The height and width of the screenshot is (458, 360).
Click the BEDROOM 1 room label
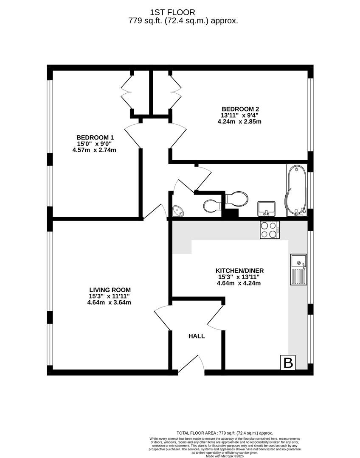[x=95, y=137]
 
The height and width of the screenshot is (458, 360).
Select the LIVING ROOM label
[x=110, y=290]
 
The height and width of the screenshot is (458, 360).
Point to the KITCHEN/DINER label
[x=239, y=271]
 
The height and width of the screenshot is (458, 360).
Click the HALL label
[x=197, y=336]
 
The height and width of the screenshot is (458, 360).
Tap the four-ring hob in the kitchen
[x=270, y=230]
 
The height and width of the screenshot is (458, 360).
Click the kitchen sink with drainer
[x=298, y=269]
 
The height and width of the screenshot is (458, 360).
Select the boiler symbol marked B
[x=288, y=363]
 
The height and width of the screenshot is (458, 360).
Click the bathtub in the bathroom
[x=297, y=190]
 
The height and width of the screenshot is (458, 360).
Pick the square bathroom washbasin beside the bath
[x=266, y=209]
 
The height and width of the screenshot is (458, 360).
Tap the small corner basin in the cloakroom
[x=178, y=211]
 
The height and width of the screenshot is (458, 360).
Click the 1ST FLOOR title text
[x=172, y=13]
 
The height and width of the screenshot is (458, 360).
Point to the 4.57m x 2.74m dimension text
[x=94, y=150]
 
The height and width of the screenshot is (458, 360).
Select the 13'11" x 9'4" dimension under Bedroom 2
[x=239, y=115]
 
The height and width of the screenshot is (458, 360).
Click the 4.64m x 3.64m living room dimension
[x=109, y=303]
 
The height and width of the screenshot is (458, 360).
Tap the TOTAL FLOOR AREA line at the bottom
[x=225, y=433]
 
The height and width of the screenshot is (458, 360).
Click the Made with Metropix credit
[x=225, y=456]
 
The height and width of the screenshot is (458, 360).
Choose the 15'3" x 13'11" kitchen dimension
[x=238, y=277]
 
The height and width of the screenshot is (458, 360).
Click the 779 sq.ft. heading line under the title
[x=183, y=21]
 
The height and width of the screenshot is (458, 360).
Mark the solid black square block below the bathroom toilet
[x=231, y=212]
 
